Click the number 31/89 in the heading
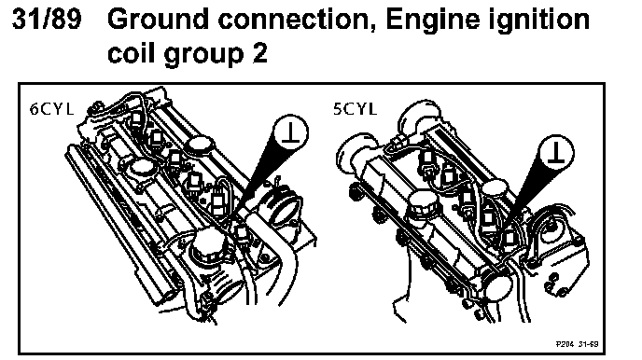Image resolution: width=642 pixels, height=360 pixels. pyautogui.click(x=47, y=20)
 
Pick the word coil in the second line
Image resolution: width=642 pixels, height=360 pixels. pyautogui.click(x=131, y=52)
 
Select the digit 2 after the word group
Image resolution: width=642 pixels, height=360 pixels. pyautogui.click(x=260, y=53)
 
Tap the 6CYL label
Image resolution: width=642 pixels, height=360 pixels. pyautogui.click(x=51, y=109)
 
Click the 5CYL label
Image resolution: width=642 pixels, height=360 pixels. pyautogui.click(x=355, y=109)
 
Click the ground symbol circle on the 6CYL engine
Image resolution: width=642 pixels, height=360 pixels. pyautogui.click(x=290, y=132)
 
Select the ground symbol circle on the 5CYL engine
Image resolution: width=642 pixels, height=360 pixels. pyautogui.click(x=555, y=153)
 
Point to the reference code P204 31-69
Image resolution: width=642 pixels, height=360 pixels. pyautogui.click(x=577, y=344)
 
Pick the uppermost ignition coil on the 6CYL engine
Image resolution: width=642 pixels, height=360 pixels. pyautogui.click(x=136, y=118)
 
